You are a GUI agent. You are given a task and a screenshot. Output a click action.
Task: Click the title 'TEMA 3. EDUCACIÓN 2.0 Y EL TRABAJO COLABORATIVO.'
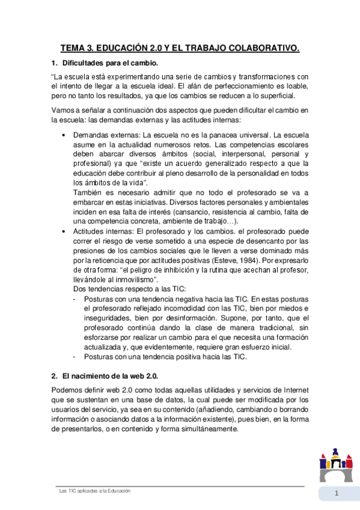click(180, 48)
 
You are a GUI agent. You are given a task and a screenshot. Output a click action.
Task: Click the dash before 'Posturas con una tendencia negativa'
click(74, 299)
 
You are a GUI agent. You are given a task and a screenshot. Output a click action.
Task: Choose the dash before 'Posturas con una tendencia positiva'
click(74, 357)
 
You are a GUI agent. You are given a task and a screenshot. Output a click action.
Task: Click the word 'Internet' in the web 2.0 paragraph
click(294, 390)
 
